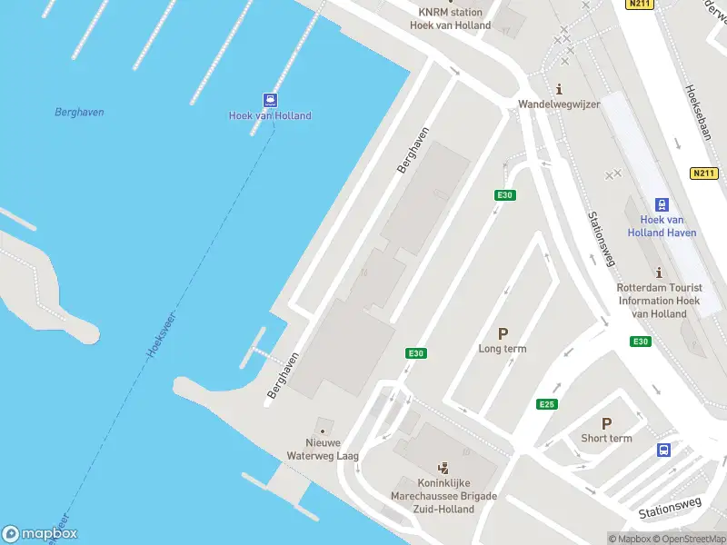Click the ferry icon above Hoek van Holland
pyautogui.click(x=270, y=100)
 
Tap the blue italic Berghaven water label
pyautogui.click(x=79, y=113)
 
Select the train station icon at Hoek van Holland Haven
pyautogui.click(x=662, y=205)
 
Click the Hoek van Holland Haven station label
pyautogui.click(x=662, y=226)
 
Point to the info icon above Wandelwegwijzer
pyautogui.click(x=559, y=89)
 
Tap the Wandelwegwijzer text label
pyautogui.click(x=559, y=104)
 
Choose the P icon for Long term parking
pyautogui.click(x=503, y=333)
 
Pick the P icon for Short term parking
pyautogui.click(x=606, y=423)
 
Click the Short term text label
pyautogui.click(x=606, y=439)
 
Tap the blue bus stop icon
pyautogui.click(x=664, y=451)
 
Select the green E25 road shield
pyautogui.click(x=546, y=404)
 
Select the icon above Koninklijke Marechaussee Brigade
pyautogui.click(x=443, y=469)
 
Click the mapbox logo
pyautogui.click(x=40, y=534)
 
